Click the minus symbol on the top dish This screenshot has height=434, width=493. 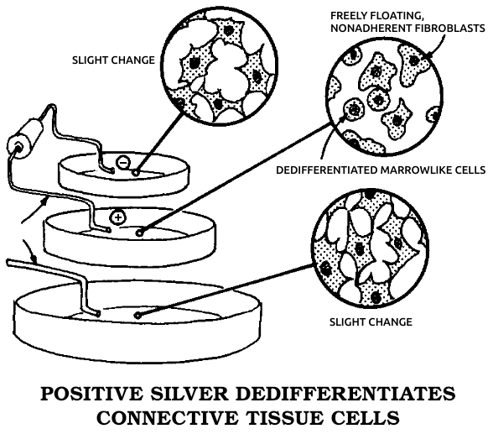(x=123, y=162)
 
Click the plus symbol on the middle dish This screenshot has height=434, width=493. (x=117, y=217)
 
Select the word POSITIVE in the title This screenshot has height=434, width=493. (x=91, y=394)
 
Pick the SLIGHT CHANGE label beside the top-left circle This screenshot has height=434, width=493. (x=113, y=60)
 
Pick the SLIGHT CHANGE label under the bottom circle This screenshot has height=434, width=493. (x=371, y=322)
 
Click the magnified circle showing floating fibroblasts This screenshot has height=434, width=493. (x=384, y=97)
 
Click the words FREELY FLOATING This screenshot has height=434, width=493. (x=376, y=16)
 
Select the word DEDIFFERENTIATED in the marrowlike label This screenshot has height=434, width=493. (x=327, y=170)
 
